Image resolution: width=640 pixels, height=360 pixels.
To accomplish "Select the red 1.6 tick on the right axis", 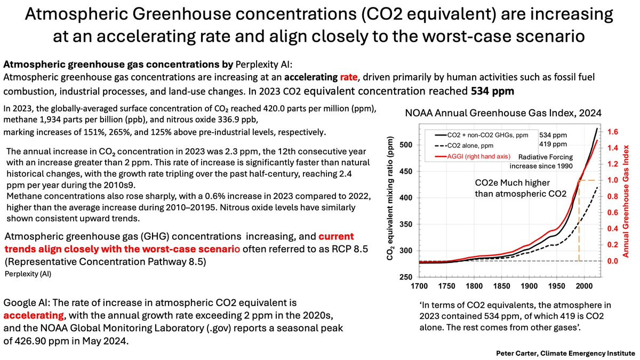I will [612, 131].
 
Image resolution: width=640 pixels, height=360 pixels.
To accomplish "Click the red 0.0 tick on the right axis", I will [612, 261].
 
